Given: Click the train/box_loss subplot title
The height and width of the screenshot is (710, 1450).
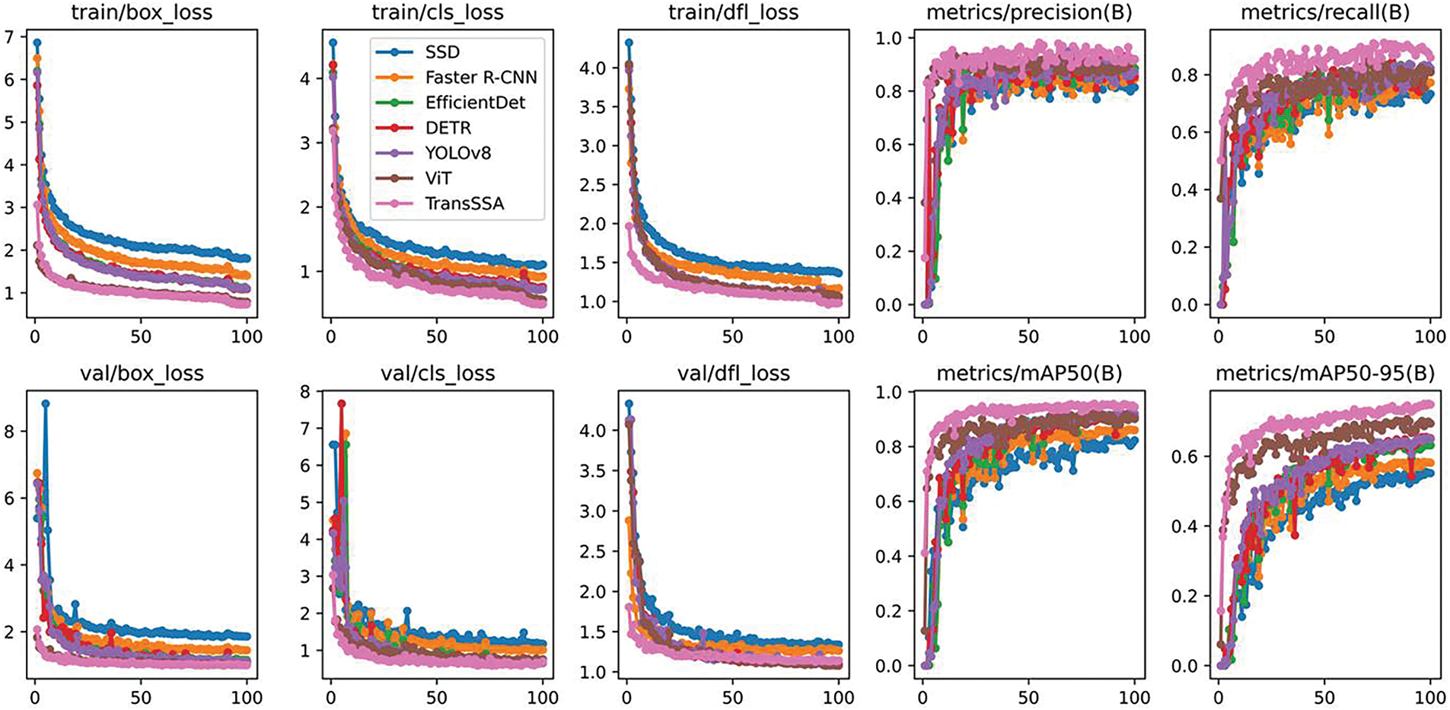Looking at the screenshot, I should [x=142, y=13].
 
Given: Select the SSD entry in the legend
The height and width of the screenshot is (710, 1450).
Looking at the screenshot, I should [x=442, y=52].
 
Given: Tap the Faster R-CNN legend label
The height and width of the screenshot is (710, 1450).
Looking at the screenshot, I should [x=481, y=77].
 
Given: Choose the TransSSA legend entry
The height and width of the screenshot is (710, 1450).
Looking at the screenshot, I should [x=464, y=203].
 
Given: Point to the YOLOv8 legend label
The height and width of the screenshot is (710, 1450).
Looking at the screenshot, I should [x=458, y=152].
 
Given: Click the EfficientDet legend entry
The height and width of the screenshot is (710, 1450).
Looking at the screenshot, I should [x=475, y=102].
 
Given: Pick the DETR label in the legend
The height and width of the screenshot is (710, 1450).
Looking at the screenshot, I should [x=448, y=127].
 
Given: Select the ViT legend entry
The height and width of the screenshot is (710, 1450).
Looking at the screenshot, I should [x=438, y=178].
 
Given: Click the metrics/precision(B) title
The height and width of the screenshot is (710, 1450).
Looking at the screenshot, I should [x=1029, y=13].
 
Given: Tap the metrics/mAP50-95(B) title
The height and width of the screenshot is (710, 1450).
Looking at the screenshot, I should [x=1325, y=374].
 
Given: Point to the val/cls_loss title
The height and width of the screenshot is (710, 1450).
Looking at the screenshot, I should [x=437, y=374].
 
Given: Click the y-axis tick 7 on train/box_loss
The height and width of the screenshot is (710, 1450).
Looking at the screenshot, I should [x=9, y=37].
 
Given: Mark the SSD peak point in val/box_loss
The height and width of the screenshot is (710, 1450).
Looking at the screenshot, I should [x=46, y=404].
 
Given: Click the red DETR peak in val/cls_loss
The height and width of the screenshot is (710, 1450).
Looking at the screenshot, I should [x=342, y=404].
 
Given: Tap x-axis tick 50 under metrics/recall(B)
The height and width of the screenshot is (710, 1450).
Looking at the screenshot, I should [x=1324, y=337].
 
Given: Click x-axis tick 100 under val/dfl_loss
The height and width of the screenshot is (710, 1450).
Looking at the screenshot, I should [x=839, y=698].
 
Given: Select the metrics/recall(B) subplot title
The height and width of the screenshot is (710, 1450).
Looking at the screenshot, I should [x=1324, y=13].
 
